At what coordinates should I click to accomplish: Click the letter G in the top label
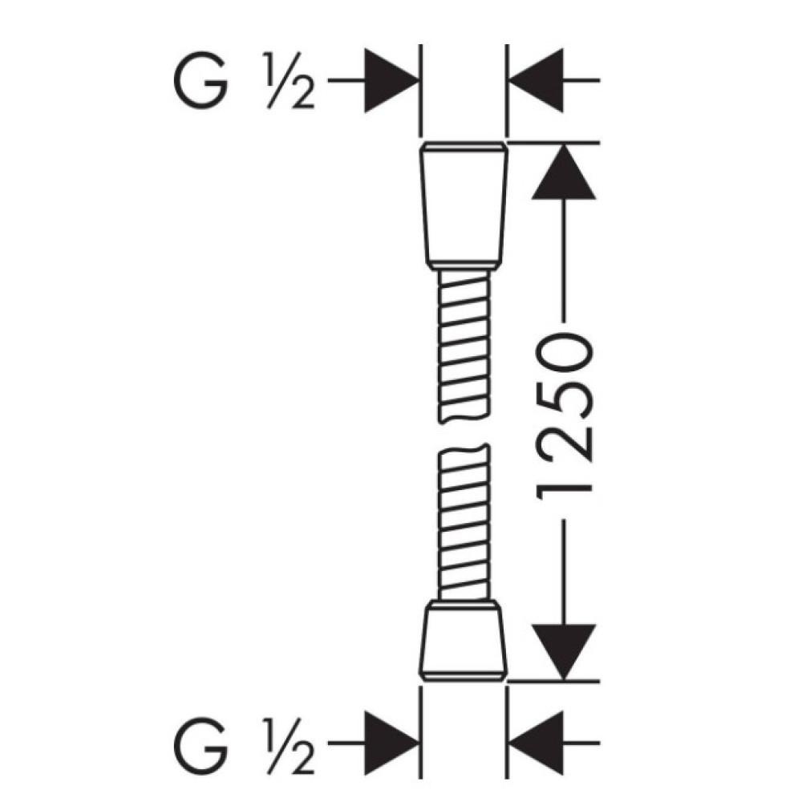pos(200,80)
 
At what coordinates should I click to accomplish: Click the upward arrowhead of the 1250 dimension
pos(563,172)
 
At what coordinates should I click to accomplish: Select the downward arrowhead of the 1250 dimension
pos(563,653)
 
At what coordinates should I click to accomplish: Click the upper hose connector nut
pos(464,205)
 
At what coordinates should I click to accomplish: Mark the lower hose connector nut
pos(464,641)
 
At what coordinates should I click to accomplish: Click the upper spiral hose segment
pos(464,346)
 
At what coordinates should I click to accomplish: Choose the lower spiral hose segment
pos(464,522)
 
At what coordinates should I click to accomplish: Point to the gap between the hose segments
pos(464,435)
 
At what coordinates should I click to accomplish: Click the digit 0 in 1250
pos(564,357)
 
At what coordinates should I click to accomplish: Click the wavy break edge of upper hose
pos(464,416)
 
